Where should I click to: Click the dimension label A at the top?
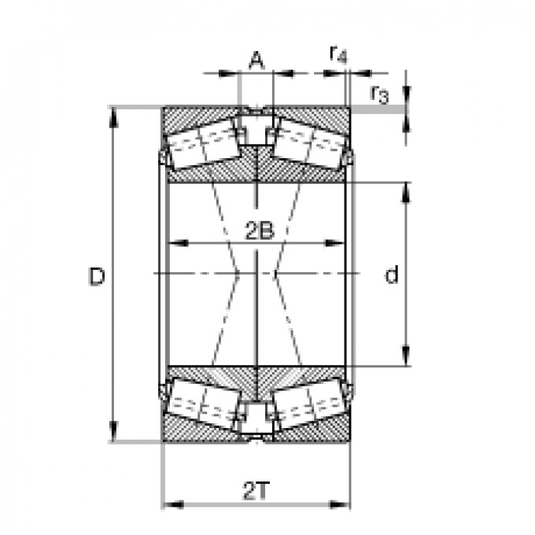255,59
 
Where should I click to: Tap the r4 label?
338,54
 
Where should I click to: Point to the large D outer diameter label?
97,276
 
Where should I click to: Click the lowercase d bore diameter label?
391,275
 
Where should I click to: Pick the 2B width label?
257,231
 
